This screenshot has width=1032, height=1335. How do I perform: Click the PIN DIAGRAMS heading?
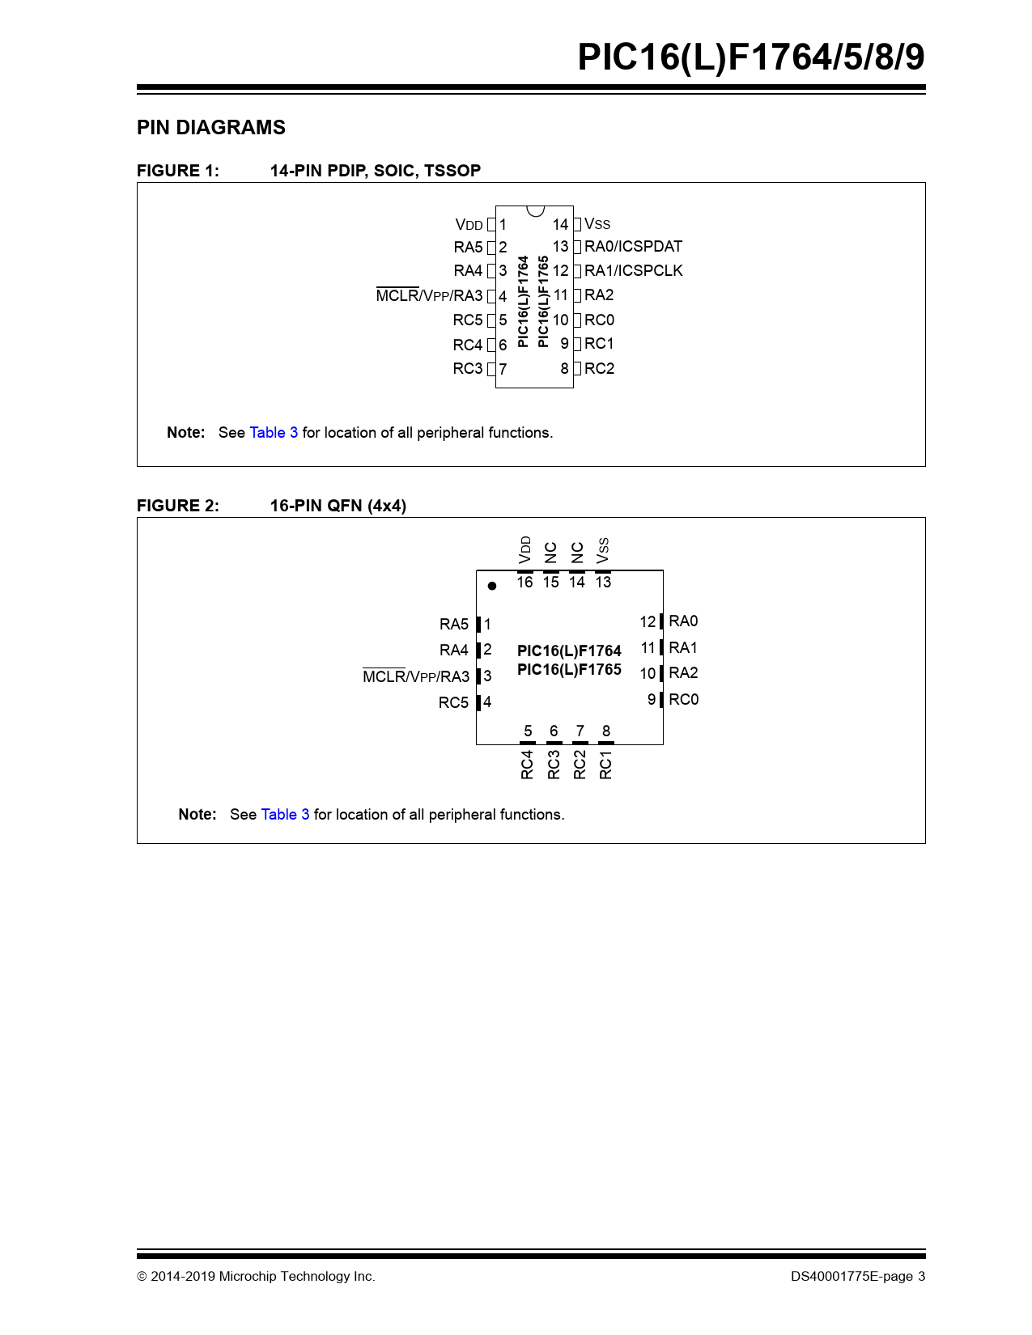210,128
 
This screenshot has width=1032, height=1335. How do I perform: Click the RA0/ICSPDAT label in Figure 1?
633,247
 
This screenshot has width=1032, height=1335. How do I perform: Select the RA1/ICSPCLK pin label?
633,271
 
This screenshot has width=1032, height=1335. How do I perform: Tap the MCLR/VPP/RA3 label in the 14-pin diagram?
429,296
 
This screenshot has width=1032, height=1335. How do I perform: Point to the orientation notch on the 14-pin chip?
535,211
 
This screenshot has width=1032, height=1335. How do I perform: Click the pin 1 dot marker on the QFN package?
492,586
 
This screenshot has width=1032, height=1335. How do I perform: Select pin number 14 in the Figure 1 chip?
560,224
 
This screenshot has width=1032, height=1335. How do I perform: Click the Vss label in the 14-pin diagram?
597,224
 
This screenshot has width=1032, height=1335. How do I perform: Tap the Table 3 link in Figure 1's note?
274,433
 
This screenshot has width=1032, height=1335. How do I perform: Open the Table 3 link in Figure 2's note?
285,815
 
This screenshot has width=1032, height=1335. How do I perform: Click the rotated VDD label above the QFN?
525,549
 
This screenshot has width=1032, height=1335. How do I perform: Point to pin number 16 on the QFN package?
524,583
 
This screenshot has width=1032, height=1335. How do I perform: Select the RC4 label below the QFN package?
528,765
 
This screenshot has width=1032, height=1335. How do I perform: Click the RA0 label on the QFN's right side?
683,621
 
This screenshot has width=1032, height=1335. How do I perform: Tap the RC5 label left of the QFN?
453,702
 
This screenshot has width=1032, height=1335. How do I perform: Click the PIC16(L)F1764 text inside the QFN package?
569,651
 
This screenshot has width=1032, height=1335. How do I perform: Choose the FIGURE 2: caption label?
178,506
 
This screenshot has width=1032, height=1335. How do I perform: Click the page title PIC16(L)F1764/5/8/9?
750,57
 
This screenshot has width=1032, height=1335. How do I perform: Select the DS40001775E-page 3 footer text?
858,1277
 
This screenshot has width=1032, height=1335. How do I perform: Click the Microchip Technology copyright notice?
256,1277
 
